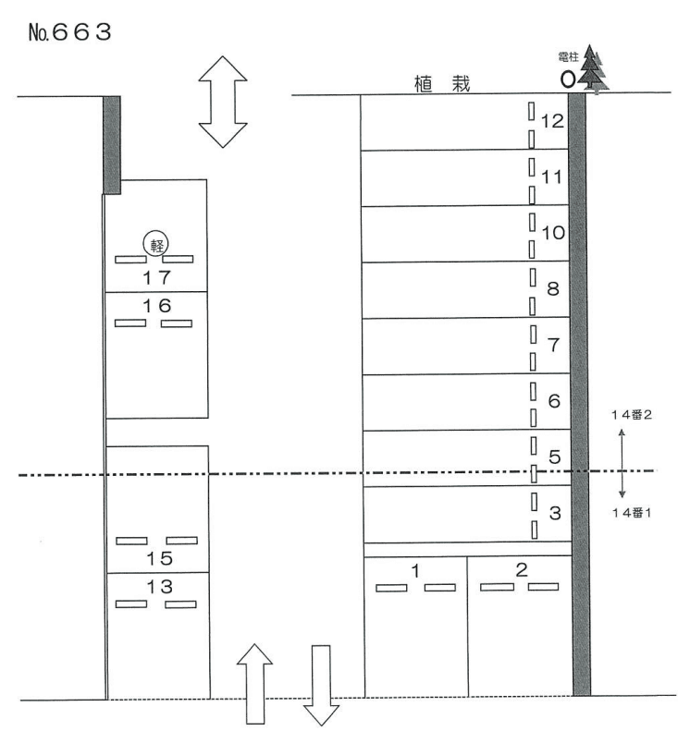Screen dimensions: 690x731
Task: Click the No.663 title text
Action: coord(69,32)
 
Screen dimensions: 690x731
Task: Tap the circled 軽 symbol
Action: coord(155,243)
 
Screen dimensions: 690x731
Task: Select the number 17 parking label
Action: coord(156,277)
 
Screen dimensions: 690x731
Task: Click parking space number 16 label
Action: coord(156,305)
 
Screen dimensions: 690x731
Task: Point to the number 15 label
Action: coord(160,558)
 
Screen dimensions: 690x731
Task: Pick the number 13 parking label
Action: coord(160,587)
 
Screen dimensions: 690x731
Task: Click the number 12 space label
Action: coord(552,121)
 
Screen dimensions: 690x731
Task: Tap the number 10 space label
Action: coord(553,233)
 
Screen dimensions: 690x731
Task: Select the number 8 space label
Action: coord(553,289)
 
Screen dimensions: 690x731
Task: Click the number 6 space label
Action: coord(554,401)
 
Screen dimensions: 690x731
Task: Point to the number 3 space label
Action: coord(555,513)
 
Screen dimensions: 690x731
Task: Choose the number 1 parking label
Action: coord(415,570)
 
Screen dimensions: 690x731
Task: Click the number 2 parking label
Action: coord(522,569)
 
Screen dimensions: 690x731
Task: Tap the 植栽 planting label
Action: coord(442,84)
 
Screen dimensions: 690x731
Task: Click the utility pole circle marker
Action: coord(568,79)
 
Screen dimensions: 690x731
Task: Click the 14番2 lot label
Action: coord(632,414)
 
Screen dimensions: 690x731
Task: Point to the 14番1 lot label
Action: coord(632,513)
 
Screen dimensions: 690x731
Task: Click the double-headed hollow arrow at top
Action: coord(223,102)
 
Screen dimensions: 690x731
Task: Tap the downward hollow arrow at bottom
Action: coord(321,686)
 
